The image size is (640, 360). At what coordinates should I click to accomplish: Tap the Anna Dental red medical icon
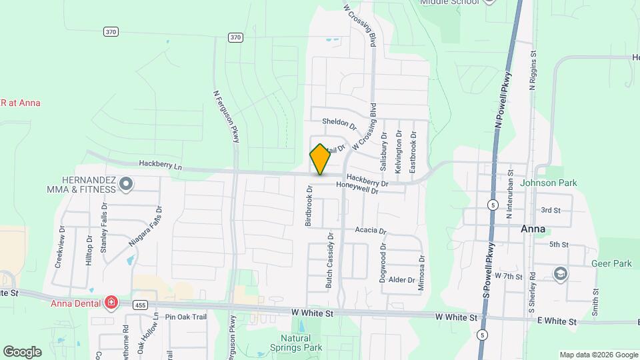tap(110, 304)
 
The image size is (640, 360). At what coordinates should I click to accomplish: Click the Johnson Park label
tap(548, 183)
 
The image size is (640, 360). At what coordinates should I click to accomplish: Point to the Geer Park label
tap(611, 263)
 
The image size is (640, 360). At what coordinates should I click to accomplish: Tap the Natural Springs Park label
tap(297, 343)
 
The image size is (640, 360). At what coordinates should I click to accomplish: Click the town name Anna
tap(533, 229)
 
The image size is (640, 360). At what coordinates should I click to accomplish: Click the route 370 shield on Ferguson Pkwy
tap(235, 37)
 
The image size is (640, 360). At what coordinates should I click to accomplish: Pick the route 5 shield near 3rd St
tap(492, 203)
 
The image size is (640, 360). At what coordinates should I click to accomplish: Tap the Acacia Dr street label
tap(371, 231)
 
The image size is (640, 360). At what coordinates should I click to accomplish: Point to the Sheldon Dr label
tap(339, 122)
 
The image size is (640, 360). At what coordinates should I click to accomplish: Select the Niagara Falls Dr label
tap(145, 227)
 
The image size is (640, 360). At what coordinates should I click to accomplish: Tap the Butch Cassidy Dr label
tap(329, 261)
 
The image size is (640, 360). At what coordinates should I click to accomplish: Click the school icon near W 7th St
tap(560, 274)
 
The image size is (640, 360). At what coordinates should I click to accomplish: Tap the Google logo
tap(22, 351)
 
